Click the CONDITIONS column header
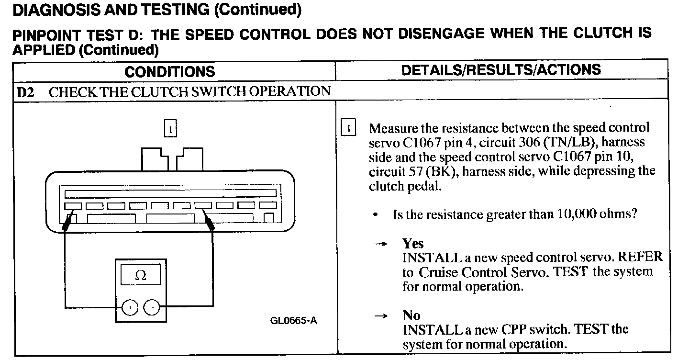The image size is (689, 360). (x=170, y=72)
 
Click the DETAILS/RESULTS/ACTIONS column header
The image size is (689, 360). (x=501, y=70)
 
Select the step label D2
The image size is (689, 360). (x=26, y=92)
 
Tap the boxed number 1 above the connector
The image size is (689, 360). (x=170, y=129)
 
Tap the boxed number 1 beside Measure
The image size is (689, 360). (x=348, y=128)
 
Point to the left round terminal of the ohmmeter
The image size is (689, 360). (x=130, y=307)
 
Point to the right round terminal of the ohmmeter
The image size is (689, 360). (x=152, y=307)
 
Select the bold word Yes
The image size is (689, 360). (x=413, y=244)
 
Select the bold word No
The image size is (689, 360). (x=411, y=315)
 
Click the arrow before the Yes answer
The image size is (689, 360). (x=380, y=244)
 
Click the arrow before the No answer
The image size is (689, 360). (x=380, y=316)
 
